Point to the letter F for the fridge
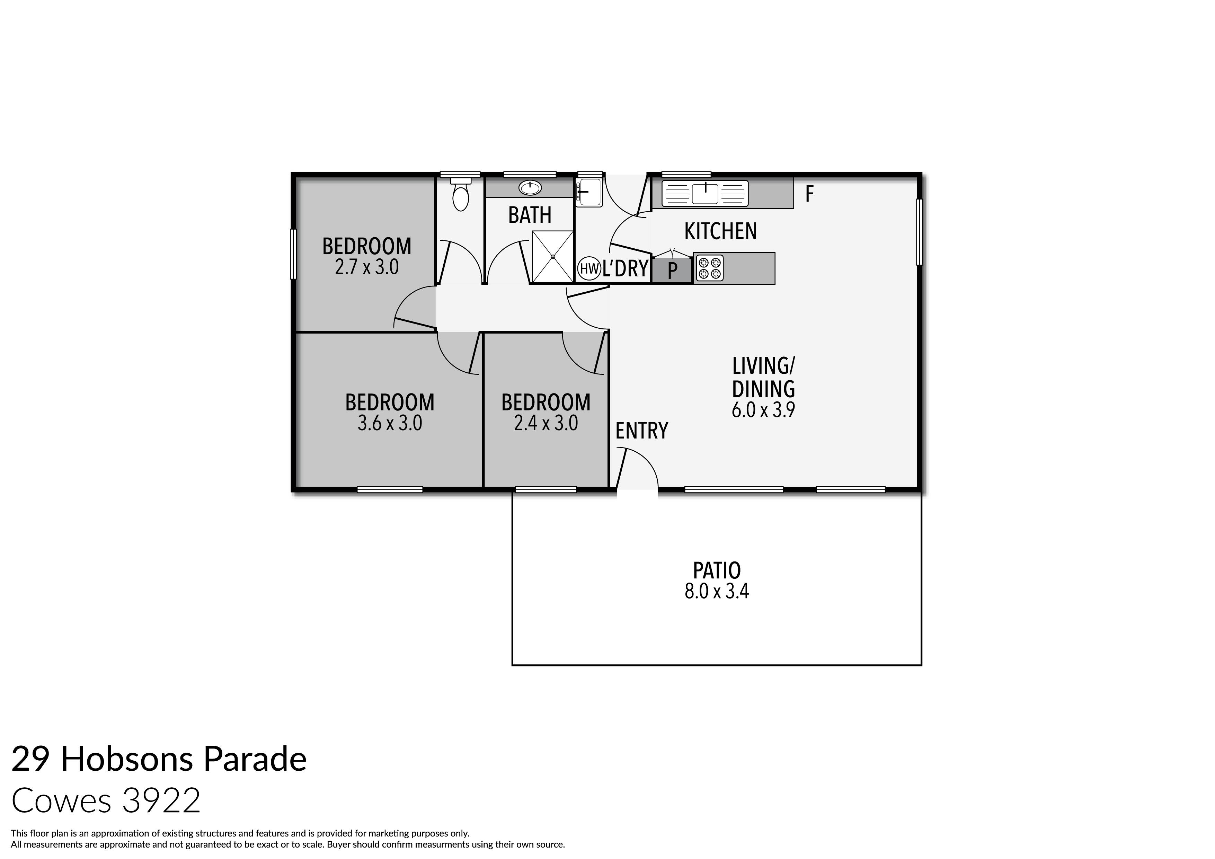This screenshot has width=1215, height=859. pyautogui.click(x=809, y=195)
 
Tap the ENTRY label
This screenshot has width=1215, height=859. pyautogui.click(x=641, y=431)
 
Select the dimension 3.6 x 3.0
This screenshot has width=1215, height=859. pyautogui.click(x=390, y=423)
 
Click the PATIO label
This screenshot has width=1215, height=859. pyautogui.click(x=717, y=570)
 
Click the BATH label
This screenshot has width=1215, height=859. pyautogui.click(x=530, y=215)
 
